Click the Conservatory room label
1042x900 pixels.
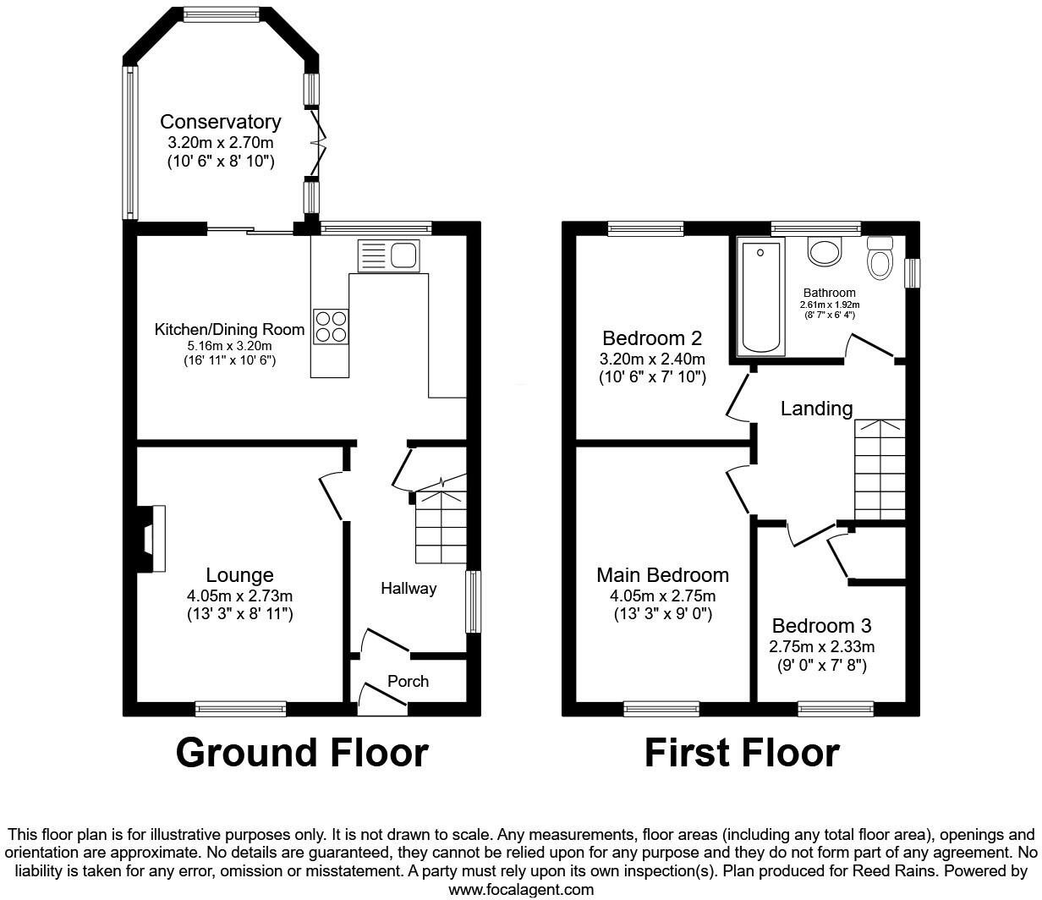point(220,122)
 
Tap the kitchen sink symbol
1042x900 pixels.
point(388,255)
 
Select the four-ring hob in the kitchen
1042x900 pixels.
point(331,327)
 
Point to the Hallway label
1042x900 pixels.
point(408,589)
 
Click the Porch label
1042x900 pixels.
point(408,681)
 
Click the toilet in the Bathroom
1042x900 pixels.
point(880,257)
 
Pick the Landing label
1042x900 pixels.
point(816,409)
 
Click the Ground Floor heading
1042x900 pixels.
point(302,752)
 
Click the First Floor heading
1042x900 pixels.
point(742,752)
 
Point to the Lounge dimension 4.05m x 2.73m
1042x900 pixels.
point(239,595)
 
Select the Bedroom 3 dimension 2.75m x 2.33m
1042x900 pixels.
point(821,646)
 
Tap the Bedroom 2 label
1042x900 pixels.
point(652,338)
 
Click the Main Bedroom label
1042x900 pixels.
point(662,575)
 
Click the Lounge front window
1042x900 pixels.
point(241,708)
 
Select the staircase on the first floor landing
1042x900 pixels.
point(880,469)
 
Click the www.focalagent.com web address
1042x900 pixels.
point(521,889)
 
